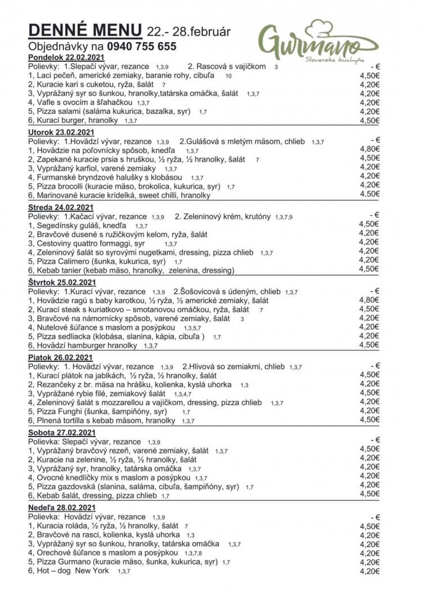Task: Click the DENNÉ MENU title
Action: pos(85,30)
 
